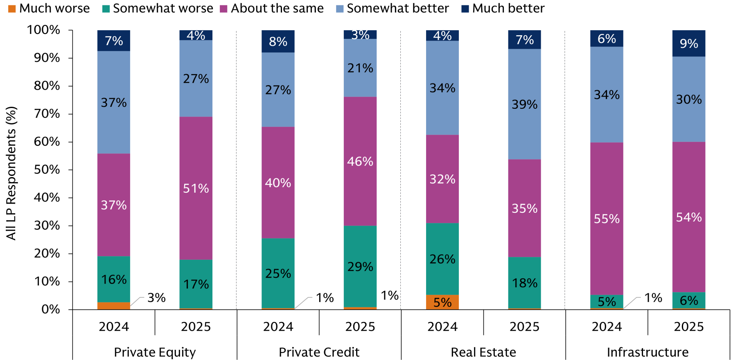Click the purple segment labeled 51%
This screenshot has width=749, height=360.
pyautogui.click(x=196, y=188)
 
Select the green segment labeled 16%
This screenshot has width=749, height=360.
pyautogui.click(x=114, y=279)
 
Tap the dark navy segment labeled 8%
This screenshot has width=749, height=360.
pyautogui.click(x=278, y=41)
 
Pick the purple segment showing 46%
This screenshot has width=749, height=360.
pyautogui.click(x=360, y=161)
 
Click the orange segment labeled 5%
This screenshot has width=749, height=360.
pyautogui.click(x=442, y=302)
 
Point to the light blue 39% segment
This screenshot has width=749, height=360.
pyautogui.click(x=524, y=104)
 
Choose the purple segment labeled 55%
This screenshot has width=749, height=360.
pyautogui.click(x=607, y=218)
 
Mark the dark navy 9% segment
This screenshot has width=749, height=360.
pyautogui.click(x=688, y=43)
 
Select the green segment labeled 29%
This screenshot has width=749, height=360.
pyautogui.click(x=360, y=266)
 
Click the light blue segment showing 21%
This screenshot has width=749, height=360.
pyautogui.click(x=360, y=68)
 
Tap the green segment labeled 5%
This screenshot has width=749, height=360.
pyautogui.click(x=607, y=301)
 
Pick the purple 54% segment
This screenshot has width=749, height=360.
pyautogui.click(x=688, y=217)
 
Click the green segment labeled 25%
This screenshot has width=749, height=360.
pyautogui.click(x=278, y=273)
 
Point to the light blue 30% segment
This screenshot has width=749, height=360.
pyautogui.click(x=688, y=99)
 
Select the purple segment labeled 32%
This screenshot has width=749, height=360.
pyautogui.click(x=442, y=179)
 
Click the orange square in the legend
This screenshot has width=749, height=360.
pyautogui.click(x=12, y=9)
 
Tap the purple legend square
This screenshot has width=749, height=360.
pyautogui.click(x=223, y=9)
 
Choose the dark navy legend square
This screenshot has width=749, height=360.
pyautogui.click(x=465, y=9)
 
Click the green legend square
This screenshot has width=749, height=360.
pyautogui.click(x=106, y=9)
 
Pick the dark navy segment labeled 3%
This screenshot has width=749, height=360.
pyautogui.click(x=360, y=34)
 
